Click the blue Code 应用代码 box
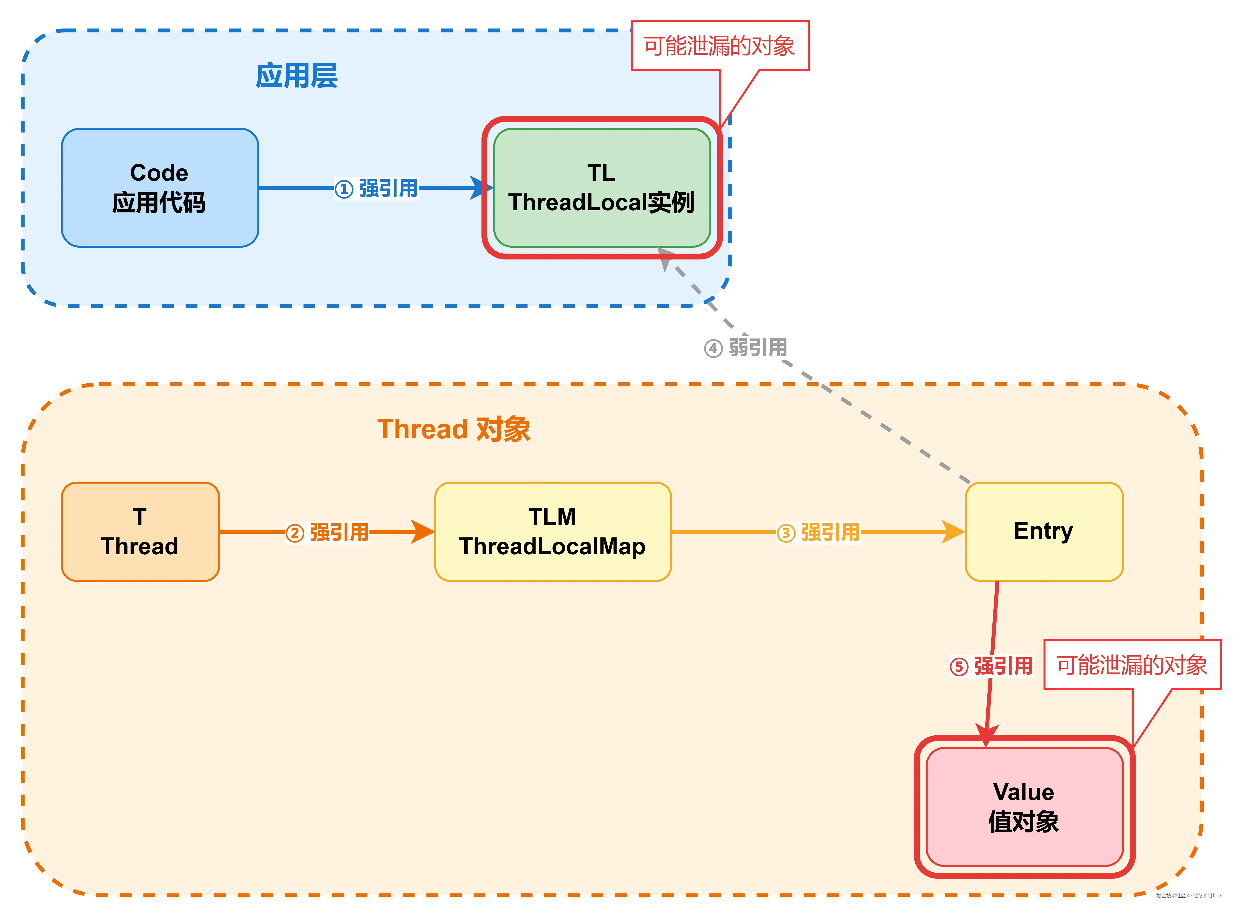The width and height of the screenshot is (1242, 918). click(160, 188)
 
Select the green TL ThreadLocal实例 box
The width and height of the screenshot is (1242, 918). click(602, 188)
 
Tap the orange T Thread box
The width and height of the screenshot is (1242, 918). click(140, 532)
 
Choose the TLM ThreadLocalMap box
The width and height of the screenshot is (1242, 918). click(553, 532)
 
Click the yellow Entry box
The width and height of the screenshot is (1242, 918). click(1044, 532)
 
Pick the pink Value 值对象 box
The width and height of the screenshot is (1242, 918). click(1024, 807)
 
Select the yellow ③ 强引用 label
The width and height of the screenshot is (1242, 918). click(818, 532)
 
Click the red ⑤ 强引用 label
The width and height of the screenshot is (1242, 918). click(991, 666)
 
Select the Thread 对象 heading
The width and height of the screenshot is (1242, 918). click(453, 429)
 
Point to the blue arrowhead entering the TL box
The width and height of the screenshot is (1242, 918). click(480, 188)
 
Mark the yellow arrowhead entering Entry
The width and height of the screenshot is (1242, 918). click(953, 532)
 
